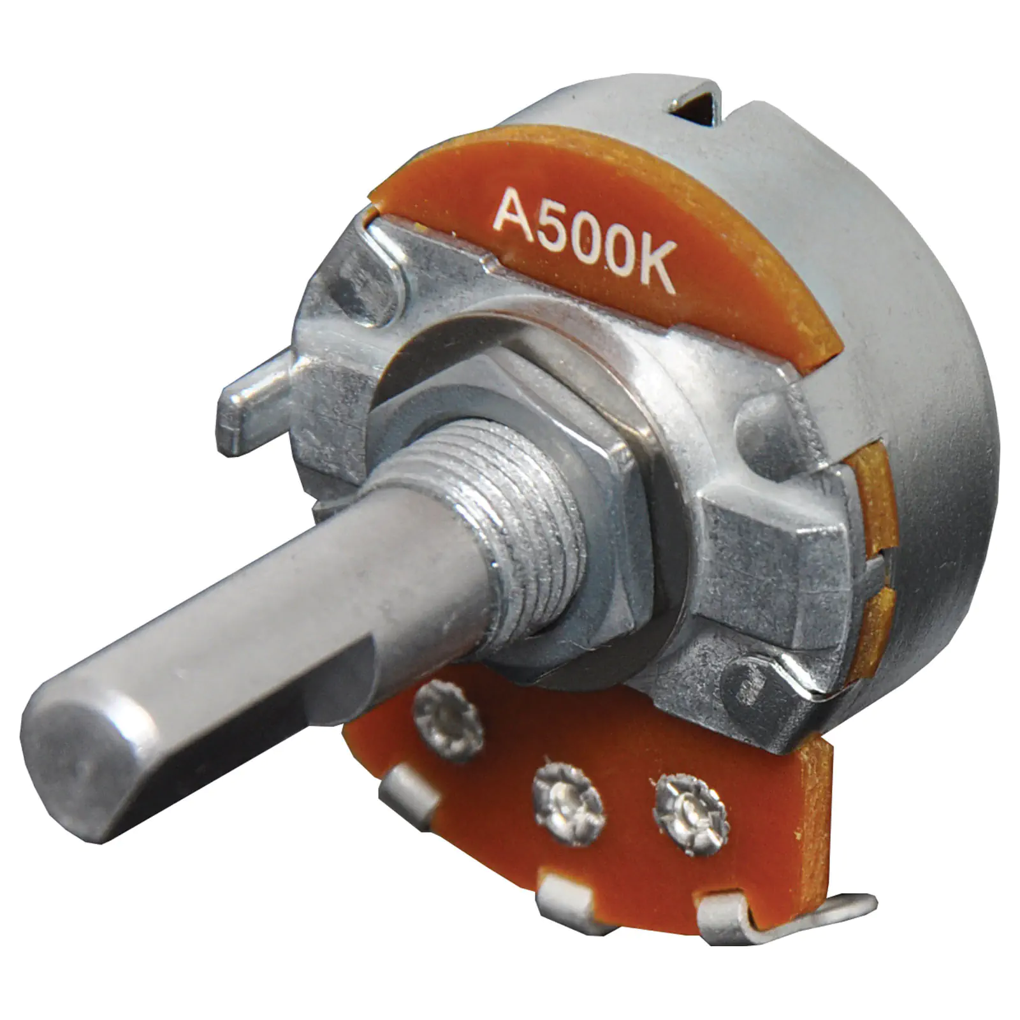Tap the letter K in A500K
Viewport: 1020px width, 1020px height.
pos(654,270)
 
